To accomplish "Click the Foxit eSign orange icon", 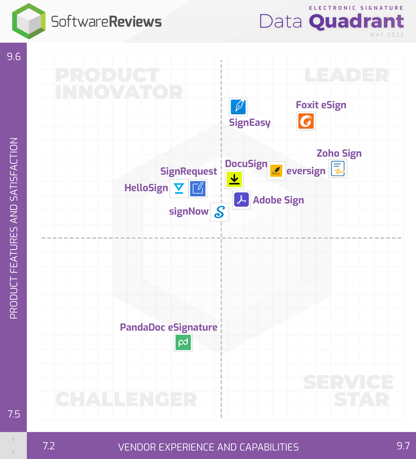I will [306, 121].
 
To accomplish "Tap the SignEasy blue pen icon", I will [238, 107].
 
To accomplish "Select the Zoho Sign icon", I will [337, 169].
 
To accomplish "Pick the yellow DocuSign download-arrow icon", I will [234, 179].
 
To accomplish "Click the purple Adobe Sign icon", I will [241, 200].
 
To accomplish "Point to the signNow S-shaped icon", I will [219, 212].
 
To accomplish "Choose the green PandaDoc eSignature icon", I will [183, 342].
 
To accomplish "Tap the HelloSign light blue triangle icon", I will [179, 188].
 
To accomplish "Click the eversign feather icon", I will [276, 171].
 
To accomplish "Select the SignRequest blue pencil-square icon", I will [198, 188].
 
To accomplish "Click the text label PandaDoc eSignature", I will [168, 327].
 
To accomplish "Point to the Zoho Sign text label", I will [339, 153].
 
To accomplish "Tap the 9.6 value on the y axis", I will [14, 57].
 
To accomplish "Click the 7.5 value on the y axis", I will [14, 414].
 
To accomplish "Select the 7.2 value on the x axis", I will [49, 446].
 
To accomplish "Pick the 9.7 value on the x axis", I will [403, 446].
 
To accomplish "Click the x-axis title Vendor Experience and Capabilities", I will [208, 447].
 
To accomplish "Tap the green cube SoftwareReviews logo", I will [29, 21].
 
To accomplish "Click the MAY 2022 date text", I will [387, 35].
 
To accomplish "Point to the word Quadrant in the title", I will [356, 21].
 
